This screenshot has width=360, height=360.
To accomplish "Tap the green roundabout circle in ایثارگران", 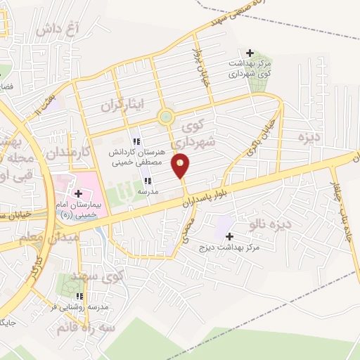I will (166, 117).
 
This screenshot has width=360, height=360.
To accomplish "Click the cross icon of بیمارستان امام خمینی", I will (77, 193).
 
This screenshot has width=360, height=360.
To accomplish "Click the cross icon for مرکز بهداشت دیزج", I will (229, 236).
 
